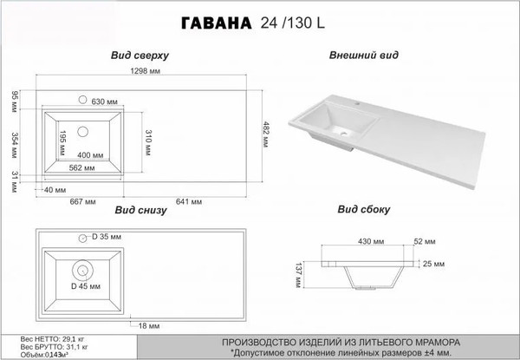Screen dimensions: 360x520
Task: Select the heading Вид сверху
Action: coord(139,54)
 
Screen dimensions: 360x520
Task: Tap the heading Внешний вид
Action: coord(364,54)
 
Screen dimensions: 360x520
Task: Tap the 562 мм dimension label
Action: coord(81,168)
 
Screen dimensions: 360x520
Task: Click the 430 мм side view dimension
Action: coord(367,242)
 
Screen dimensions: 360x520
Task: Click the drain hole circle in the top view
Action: coord(84,132)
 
